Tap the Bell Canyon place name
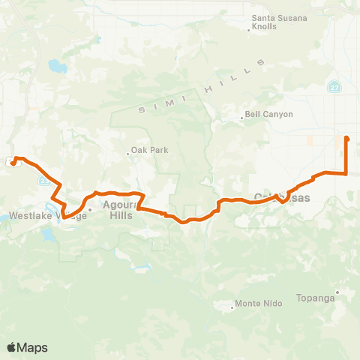tap(268, 115)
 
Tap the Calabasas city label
tap(277, 196)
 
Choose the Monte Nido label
tap(257, 304)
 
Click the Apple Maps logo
tap(27, 347)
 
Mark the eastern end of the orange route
tap(346, 138)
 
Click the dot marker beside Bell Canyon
tap(241, 115)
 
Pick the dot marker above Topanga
tap(338, 292)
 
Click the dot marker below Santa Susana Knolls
tap(249, 31)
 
